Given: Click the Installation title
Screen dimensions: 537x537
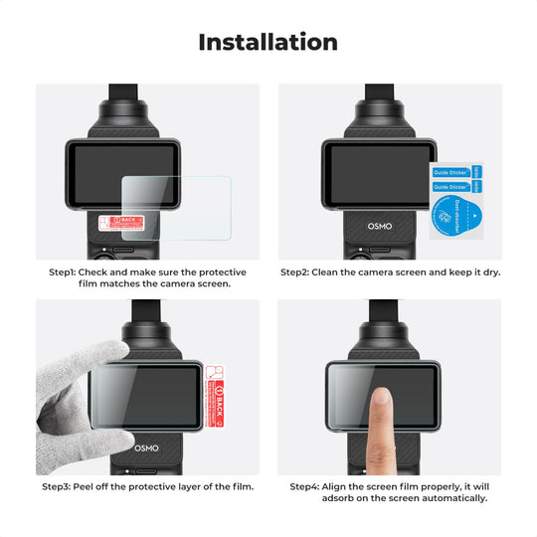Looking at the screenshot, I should click(268, 43).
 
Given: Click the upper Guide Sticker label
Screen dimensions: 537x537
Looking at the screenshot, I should click(450, 172).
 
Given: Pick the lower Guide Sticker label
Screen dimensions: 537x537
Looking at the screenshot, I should click(450, 187).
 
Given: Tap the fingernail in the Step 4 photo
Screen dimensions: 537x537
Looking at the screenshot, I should click(380, 397).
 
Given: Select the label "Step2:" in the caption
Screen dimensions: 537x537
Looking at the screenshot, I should click(296, 271).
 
